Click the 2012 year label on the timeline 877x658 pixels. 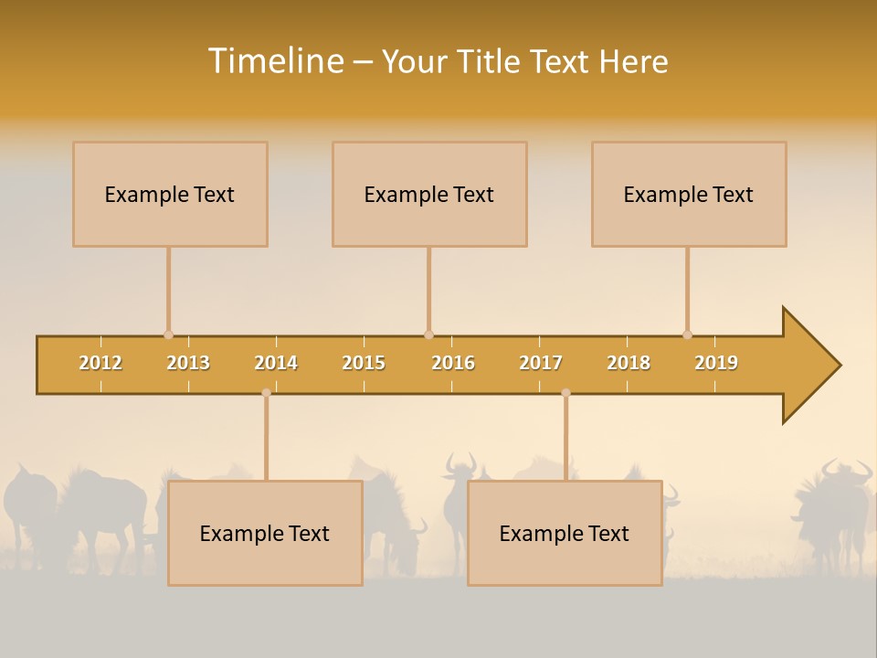click(x=100, y=363)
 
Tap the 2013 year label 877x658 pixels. click(x=188, y=363)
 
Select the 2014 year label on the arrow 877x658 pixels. click(x=276, y=363)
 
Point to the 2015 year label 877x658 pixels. click(x=364, y=363)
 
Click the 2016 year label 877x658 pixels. click(x=453, y=363)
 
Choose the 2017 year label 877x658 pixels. click(x=541, y=363)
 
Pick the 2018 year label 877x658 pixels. click(x=629, y=363)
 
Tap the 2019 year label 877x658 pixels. click(x=716, y=363)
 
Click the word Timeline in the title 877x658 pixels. click(x=274, y=61)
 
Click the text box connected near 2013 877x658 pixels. click(x=170, y=194)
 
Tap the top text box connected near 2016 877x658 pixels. click(x=429, y=194)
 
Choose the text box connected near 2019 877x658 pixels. click(x=689, y=194)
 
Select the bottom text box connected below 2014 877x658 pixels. click(x=265, y=533)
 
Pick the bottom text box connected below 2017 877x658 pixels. click(x=565, y=533)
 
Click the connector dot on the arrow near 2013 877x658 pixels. click(x=168, y=334)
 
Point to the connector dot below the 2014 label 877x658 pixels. click(x=266, y=393)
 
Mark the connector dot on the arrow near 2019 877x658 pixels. click(x=687, y=334)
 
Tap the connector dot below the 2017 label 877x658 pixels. click(x=565, y=393)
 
